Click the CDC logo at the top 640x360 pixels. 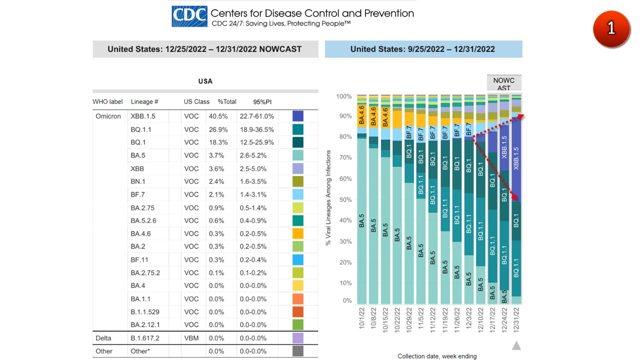tap(189, 16)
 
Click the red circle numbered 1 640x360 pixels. tap(611, 29)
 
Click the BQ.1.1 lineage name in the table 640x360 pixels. tap(141, 129)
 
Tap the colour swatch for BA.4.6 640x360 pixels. tap(298, 233)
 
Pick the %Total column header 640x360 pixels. tap(227, 101)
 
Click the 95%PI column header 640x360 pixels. tap(261, 101)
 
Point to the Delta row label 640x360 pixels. tap(103, 338)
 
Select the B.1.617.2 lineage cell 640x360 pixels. tap(144, 338)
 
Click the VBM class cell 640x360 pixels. tap(191, 338)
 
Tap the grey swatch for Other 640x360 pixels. tap(298, 351)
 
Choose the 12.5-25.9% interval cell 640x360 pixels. tap(256, 142)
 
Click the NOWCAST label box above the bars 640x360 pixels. tap(504, 83)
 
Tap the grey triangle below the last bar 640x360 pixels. tap(516, 345)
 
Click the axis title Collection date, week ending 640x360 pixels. tap(437, 356)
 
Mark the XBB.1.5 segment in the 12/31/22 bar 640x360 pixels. tap(516, 160)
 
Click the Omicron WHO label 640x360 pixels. tap(108, 116)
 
